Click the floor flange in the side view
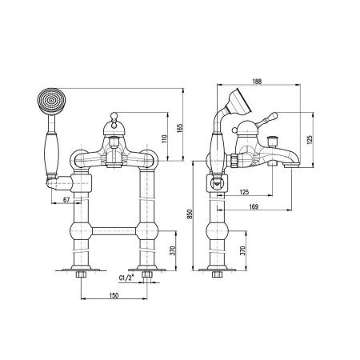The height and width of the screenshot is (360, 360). [x=217, y=270]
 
